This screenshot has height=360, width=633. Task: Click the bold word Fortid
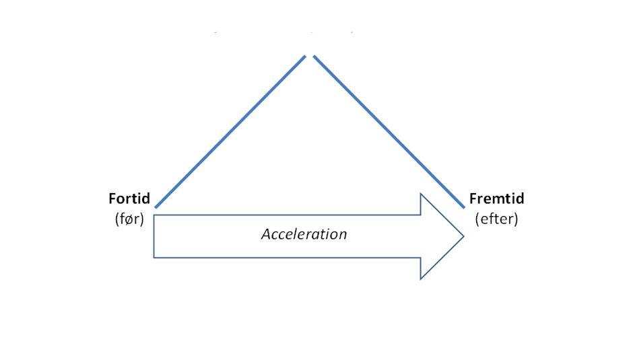point(129,199)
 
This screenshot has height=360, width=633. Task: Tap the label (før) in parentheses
point(129,219)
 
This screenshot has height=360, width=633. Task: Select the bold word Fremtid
point(496,199)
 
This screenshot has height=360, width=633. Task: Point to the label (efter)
point(496,219)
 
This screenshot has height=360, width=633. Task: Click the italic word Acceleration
point(304,234)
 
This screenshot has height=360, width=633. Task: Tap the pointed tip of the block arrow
point(463,236)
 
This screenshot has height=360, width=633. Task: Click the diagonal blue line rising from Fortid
point(230,132)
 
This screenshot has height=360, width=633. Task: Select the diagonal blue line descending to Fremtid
point(389,132)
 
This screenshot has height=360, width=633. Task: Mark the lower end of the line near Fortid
point(156,207)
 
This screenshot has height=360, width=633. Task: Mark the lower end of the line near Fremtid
point(463,207)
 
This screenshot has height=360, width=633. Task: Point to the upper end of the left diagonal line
point(305,57)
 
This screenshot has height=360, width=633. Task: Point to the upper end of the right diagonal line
point(314,57)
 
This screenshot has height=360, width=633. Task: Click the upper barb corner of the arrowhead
point(421,194)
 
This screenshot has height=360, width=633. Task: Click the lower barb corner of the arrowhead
point(421,279)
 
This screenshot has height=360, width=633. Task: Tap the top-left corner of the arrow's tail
point(154,215)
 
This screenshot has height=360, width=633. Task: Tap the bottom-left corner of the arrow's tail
point(154,258)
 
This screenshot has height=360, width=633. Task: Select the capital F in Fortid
point(112,199)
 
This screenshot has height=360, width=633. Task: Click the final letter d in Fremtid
point(520,199)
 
